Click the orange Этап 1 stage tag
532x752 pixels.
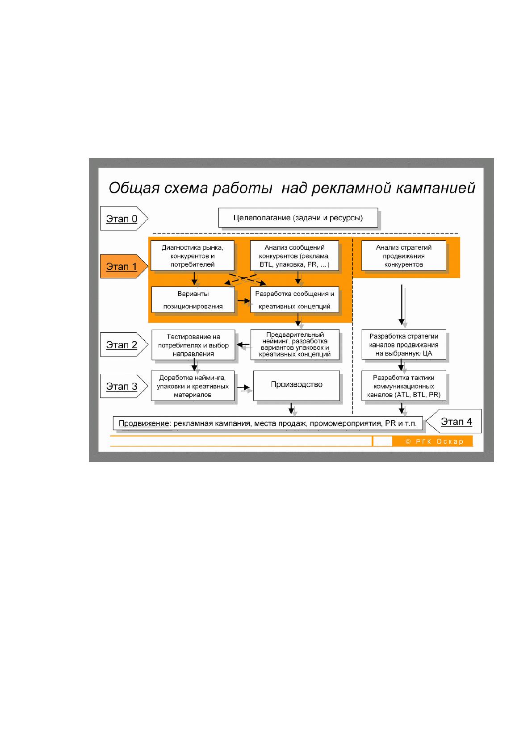point(124,266)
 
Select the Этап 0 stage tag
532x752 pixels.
point(124,218)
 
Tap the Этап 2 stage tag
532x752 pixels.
point(124,344)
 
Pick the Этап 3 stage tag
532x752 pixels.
point(124,386)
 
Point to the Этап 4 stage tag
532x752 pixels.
point(454,421)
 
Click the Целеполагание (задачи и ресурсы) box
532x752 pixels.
point(298,217)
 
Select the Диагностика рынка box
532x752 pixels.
point(193,255)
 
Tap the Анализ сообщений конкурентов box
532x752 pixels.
point(294,255)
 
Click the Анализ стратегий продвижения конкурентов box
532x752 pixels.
point(404,255)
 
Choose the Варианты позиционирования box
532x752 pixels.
point(193,300)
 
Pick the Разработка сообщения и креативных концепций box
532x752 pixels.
point(294,300)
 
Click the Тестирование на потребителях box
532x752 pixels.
point(193,345)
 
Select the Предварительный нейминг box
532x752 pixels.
point(295,344)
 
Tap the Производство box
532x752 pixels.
point(297,385)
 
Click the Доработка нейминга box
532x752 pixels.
point(193,386)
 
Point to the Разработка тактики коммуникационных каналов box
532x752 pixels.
point(404,386)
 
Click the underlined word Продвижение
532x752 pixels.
point(144,423)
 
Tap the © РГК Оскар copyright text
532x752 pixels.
point(434,442)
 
